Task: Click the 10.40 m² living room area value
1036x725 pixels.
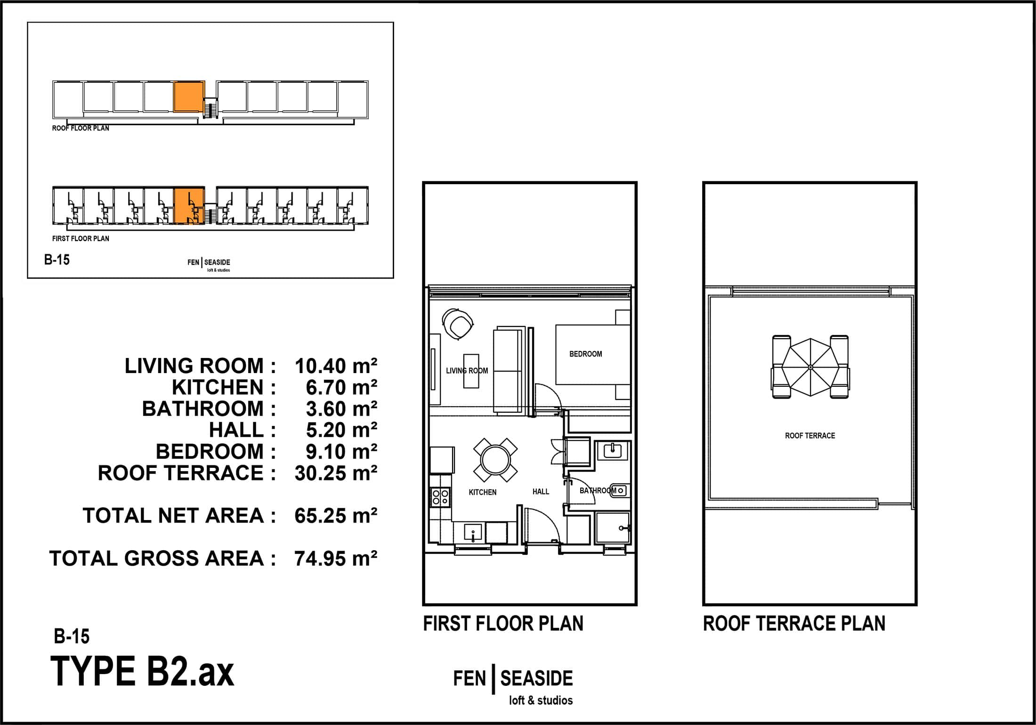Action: tap(336, 366)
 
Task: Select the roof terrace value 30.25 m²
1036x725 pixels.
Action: tap(336, 473)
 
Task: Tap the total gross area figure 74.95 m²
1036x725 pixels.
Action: tap(336, 559)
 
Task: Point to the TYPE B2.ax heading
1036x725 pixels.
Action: tap(142, 672)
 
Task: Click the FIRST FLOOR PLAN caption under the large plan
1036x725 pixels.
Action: tap(503, 624)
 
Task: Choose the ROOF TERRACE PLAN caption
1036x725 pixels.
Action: tap(794, 624)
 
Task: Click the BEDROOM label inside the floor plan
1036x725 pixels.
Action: tap(585, 354)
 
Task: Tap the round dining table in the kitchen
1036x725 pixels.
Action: tap(495, 460)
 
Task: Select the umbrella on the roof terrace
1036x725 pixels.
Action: tap(810, 367)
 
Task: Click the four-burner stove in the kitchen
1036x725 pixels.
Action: tap(441, 497)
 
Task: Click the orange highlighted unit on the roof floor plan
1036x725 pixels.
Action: tap(189, 97)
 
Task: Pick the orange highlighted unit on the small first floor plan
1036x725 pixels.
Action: tap(189, 206)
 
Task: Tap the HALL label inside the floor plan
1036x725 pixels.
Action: tap(541, 491)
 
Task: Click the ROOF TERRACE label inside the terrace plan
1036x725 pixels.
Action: tap(810, 436)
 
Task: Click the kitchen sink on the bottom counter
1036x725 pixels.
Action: tap(473, 533)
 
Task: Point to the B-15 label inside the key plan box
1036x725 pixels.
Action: tap(57, 260)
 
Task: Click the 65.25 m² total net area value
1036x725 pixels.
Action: tap(336, 516)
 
